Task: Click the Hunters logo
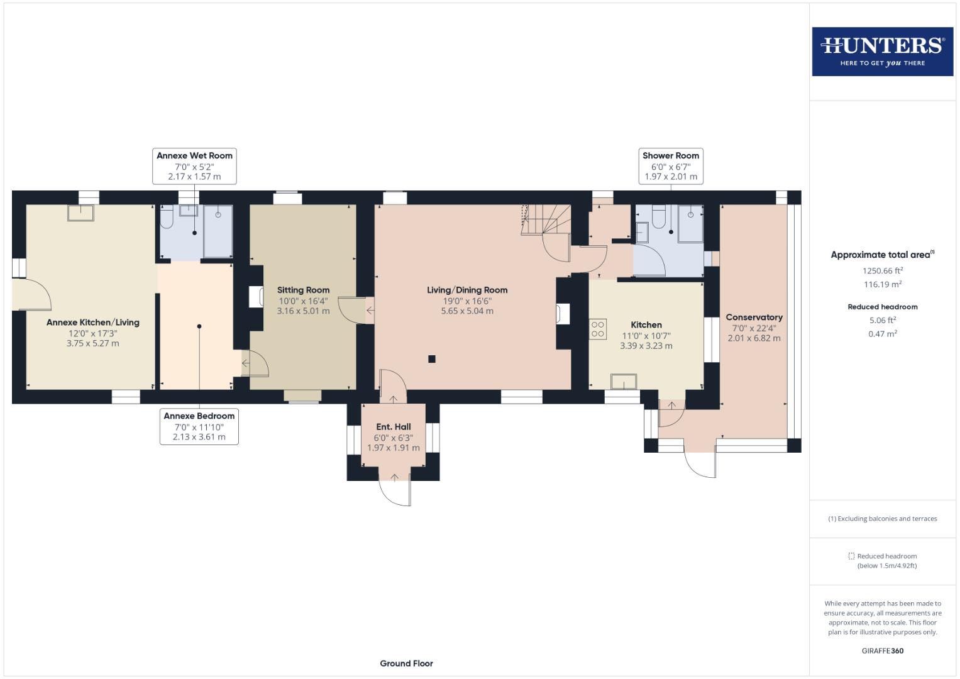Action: click(882, 52)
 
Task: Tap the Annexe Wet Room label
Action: click(194, 166)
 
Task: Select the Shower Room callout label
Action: click(670, 166)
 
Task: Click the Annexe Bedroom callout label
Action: click(199, 426)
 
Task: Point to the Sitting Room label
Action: click(303, 290)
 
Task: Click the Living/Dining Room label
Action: click(466, 290)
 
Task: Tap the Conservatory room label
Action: click(754, 317)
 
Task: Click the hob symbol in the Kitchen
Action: click(598, 329)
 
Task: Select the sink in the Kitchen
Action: click(624, 382)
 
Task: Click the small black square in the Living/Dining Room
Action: click(432, 359)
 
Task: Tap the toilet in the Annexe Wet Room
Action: click(167, 218)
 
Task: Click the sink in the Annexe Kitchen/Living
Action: click(81, 213)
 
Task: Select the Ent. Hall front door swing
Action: click(395, 491)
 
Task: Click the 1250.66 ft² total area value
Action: click(882, 271)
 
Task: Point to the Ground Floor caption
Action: click(406, 663)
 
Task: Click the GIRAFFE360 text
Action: click(882, 651)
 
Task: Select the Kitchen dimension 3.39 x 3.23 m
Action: click(646, 346)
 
